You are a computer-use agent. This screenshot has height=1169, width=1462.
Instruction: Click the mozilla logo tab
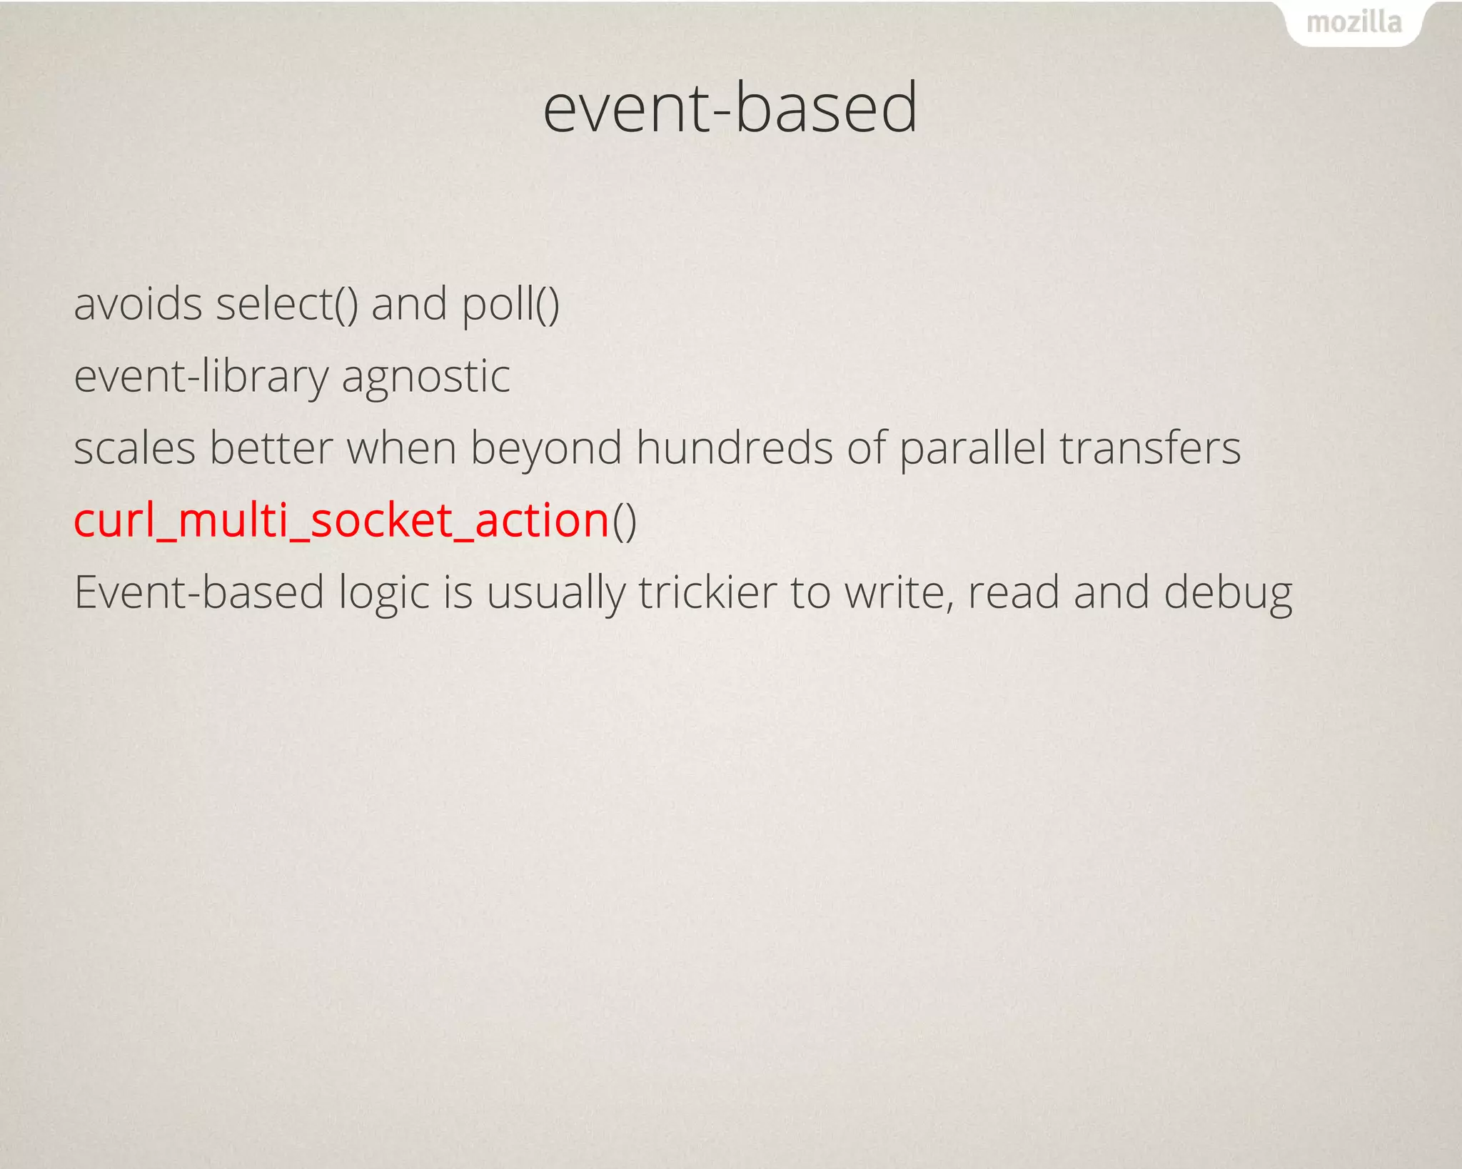tap(1353, 23)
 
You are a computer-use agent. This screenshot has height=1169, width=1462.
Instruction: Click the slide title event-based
tap(730, 107)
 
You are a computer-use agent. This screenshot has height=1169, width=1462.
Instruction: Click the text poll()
tap(510, 305)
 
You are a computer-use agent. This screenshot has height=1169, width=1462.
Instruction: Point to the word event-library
tap(201, 376)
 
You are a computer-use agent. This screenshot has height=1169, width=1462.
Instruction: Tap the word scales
tap(134, 448)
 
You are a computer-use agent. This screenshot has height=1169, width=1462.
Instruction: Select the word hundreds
tap(734, 448)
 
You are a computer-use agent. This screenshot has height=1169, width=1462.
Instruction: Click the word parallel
tap(972, 448)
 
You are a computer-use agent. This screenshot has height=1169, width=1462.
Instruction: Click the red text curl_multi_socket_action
tap(341, 520)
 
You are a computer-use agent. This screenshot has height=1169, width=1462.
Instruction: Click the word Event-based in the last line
tap(199, 592)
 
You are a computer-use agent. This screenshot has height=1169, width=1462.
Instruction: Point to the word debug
tap(1228, 594)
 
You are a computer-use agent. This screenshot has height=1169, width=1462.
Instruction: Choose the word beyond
tap(545, 450)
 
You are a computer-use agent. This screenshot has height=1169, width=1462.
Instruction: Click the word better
tap(271, 448)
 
